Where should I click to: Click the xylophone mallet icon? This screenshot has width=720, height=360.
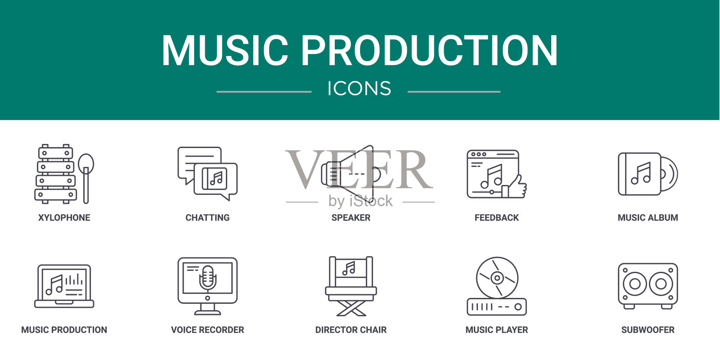pos(86,178)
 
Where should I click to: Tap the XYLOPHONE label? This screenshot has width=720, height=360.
pos(64,218)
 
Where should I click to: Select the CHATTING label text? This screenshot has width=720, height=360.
pos(207,218)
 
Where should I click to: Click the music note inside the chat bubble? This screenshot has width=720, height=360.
pos(216,178)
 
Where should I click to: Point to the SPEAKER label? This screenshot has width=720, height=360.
pos(351,218)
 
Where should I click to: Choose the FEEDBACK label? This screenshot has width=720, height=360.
pos(497,218)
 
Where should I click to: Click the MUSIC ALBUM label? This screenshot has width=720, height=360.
pos(648,218)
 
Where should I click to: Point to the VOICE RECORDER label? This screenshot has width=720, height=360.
pos(207,330)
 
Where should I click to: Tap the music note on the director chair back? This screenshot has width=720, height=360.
pos(349,268)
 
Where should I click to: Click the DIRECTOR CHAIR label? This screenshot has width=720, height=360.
pos(351,330)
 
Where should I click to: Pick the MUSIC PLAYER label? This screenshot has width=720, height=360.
pos(497,330)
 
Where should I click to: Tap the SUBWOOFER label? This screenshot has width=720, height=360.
pos(648,330)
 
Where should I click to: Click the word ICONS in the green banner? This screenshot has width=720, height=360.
pos(360,88)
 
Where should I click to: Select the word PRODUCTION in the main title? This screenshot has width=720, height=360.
pos(429,50)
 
